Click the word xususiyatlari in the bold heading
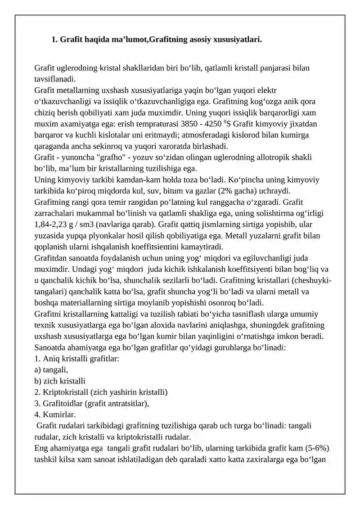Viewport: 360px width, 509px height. tap(238, 40)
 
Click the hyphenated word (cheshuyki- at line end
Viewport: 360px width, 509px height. tap(311, 281)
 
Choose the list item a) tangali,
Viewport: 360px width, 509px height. tap(51, 370)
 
